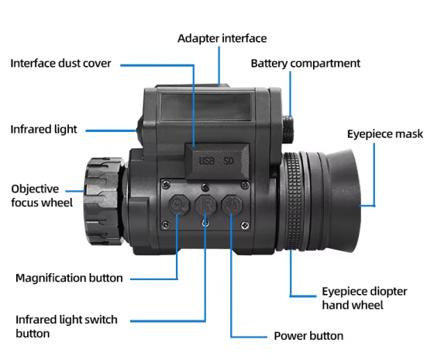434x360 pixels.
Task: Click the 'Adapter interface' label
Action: coord(222,38)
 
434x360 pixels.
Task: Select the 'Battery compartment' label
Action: coord(305,62)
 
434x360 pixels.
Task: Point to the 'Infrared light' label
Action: coord(43,129)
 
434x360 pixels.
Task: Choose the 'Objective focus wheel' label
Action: coord(42,196)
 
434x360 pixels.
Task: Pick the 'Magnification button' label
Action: coord(69,277)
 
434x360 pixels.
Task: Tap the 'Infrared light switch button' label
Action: coord(67,326)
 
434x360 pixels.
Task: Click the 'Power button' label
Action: coord(309,336)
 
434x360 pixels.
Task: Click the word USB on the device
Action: coord(206,161)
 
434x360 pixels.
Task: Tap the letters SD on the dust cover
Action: coord(229,161)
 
